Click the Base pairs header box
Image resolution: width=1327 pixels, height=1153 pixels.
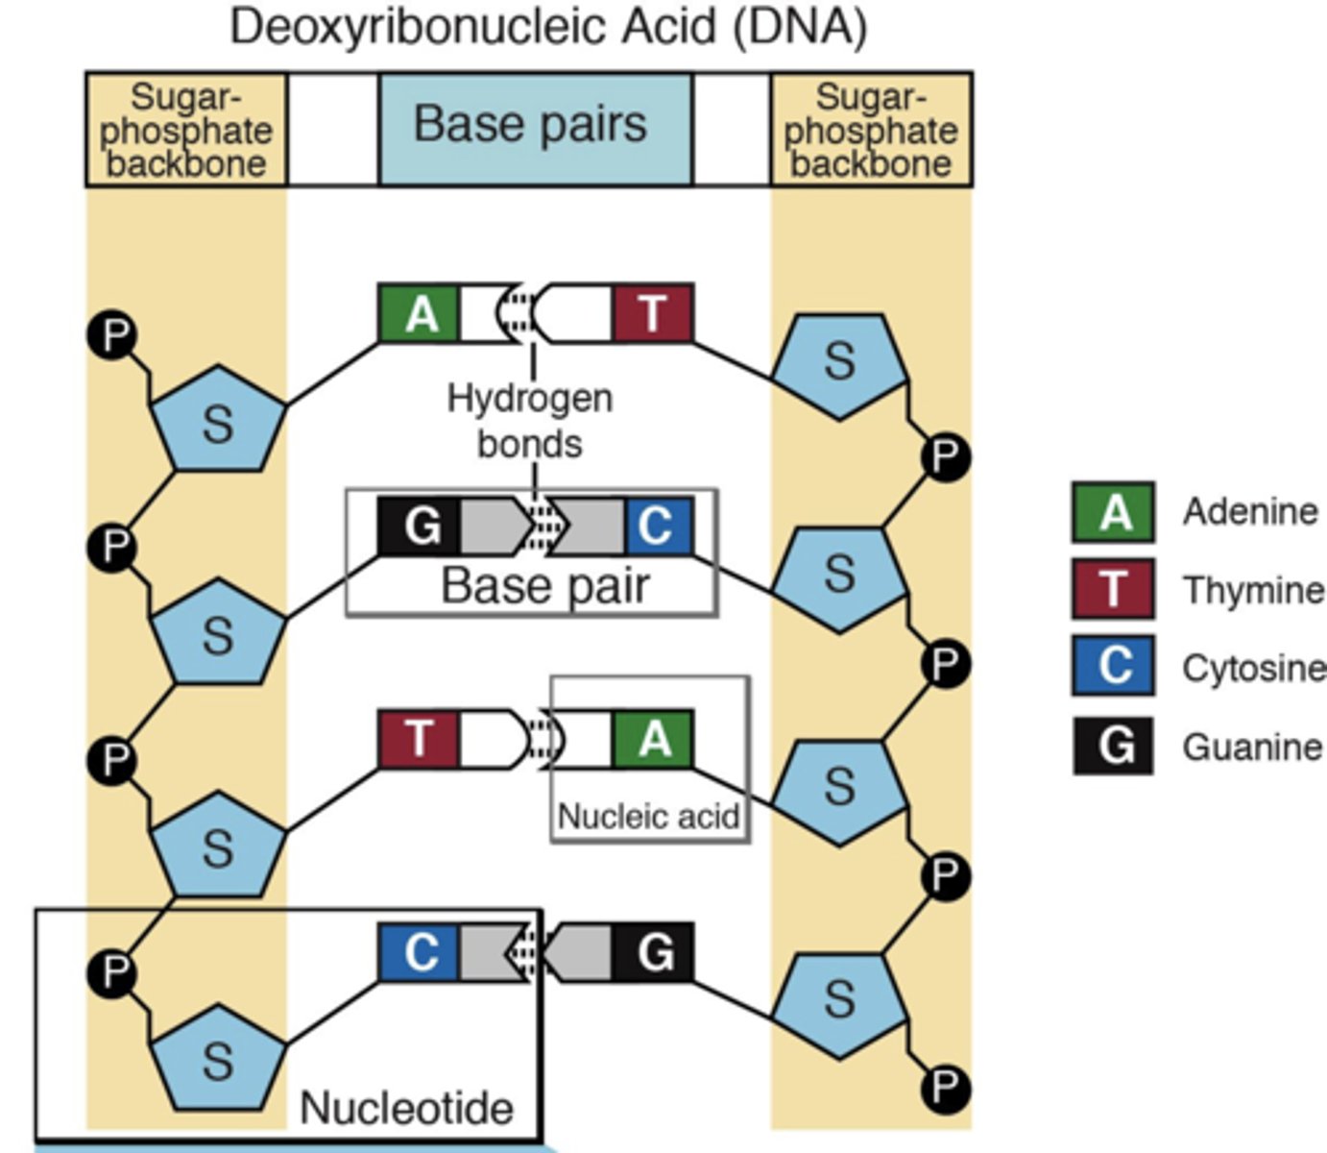(534, 127)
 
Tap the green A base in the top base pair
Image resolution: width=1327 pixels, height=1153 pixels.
(420, 313)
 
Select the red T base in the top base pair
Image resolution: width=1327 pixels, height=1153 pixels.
(653, 313)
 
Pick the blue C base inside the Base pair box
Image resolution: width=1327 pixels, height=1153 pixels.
(657, 527)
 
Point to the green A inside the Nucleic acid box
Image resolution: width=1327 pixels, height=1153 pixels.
(653, 739)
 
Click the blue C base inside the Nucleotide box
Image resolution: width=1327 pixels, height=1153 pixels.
(420, 952)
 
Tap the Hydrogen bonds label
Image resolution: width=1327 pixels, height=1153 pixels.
(530, 421)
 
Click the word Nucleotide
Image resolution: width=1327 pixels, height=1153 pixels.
(406, 1108)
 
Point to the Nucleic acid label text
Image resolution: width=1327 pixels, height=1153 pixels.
(648, 817)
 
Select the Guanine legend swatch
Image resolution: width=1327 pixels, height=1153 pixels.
(1114, 746)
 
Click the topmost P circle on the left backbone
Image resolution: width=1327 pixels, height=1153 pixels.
(113, 335)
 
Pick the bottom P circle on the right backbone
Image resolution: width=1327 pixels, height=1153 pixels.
(945, 1088)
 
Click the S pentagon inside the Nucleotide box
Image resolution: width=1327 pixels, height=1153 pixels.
(218, 1057)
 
